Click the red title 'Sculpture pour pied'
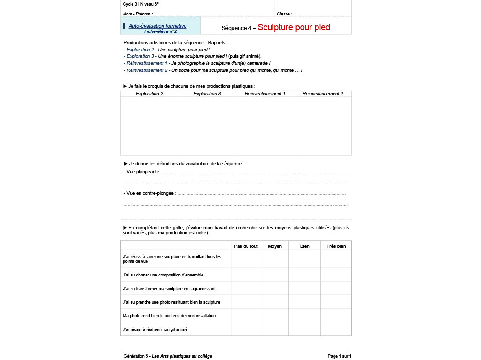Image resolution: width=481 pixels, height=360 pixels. click(x=294, y=27)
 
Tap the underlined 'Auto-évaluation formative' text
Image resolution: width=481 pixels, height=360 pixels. click(x=157, y=26)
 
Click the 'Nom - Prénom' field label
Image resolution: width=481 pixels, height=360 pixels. click(x=138, y=14)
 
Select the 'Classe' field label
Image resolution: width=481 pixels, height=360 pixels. click(x=284, y=14)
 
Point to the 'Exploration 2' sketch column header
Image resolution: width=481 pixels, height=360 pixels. click(x=149, y=94)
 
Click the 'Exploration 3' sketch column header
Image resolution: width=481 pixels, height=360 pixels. click(x=207, y=94)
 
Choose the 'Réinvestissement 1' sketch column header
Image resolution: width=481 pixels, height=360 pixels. click(x=265, y=94)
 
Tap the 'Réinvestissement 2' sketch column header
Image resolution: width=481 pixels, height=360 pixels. click(x=323, y=94)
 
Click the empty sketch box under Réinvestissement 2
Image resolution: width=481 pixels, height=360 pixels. click(x=323, y=126)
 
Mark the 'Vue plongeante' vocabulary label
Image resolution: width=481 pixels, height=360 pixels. click(x=143, y=172)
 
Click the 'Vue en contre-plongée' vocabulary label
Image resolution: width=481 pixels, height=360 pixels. click(x=150, y=193)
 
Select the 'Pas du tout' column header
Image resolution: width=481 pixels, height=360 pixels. click(x=246, y=246)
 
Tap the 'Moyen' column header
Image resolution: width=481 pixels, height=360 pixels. click(x=275, y=246)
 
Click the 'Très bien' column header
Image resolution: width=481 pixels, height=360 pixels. click(x=336, y=246)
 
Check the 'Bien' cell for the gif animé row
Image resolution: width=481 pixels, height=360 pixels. click(x=304, y=329)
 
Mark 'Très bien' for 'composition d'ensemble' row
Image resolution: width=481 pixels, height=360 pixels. click(x=336, y=275)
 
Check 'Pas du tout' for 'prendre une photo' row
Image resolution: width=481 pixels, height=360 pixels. click(x=246, y=302)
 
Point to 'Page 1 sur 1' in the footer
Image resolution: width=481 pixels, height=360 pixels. click(x=339, y=356)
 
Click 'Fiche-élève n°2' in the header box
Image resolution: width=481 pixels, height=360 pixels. click(x=160, y=31)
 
